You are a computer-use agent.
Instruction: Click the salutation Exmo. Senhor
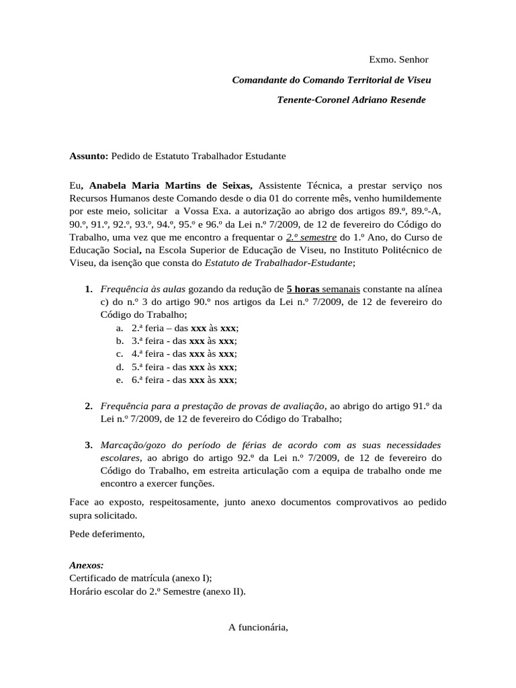click(x=398, y=60)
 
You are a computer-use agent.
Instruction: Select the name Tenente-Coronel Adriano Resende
click(x=351, y=99)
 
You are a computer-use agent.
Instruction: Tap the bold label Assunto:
click(x=89, y=156)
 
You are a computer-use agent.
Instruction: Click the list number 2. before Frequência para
click(x=89, y=406)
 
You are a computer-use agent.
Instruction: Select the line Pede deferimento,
click(x=107, y=534)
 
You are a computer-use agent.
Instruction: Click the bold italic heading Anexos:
click(x=87, y=566)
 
